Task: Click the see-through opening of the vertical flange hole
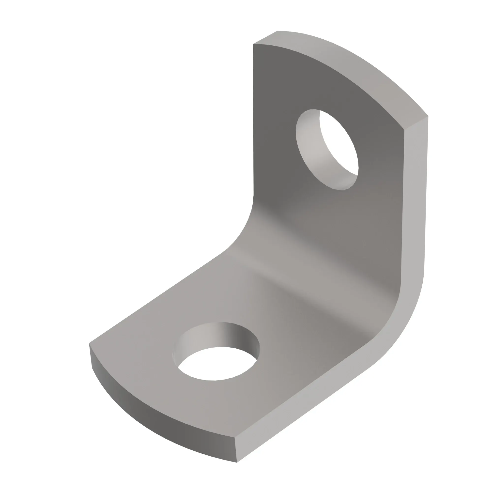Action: coord(339,143)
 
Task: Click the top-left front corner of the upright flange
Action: coord(253,44)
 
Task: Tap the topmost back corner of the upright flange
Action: coord(277,31)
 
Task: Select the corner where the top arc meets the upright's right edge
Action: coord(404,130)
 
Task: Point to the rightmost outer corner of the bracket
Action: coord(428,116)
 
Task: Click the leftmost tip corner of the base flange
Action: coord(89,343)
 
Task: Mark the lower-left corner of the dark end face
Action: coord(92,368)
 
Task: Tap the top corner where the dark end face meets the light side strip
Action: coord(234,437)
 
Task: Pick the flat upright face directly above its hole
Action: coord(306,81)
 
